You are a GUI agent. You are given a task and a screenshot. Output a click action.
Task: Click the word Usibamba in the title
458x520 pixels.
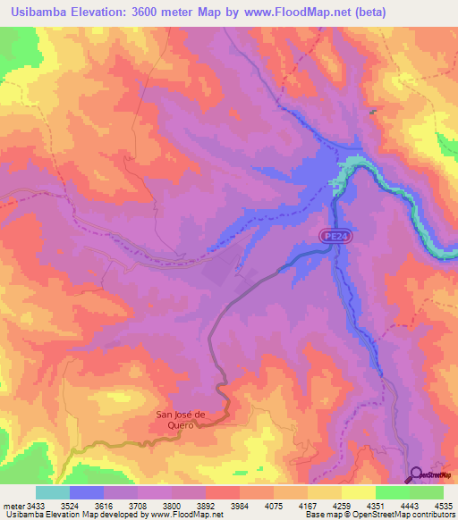pyautogui.click(x=42, y=12)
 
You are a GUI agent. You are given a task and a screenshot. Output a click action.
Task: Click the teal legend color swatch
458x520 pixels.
pyautogui.click(x=53, y=492)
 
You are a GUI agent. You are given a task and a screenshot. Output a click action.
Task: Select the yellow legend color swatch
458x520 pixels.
pyautogui.click(x=358, y=492)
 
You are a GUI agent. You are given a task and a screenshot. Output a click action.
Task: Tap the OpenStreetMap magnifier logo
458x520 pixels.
pyautogui.click(x=415, y=474)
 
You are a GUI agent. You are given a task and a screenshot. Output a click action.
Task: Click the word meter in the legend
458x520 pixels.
pyautogui.click(x=14, y=506)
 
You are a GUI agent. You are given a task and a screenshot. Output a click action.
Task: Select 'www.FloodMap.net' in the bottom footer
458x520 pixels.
pyautogui.click(x=187, y=516)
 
